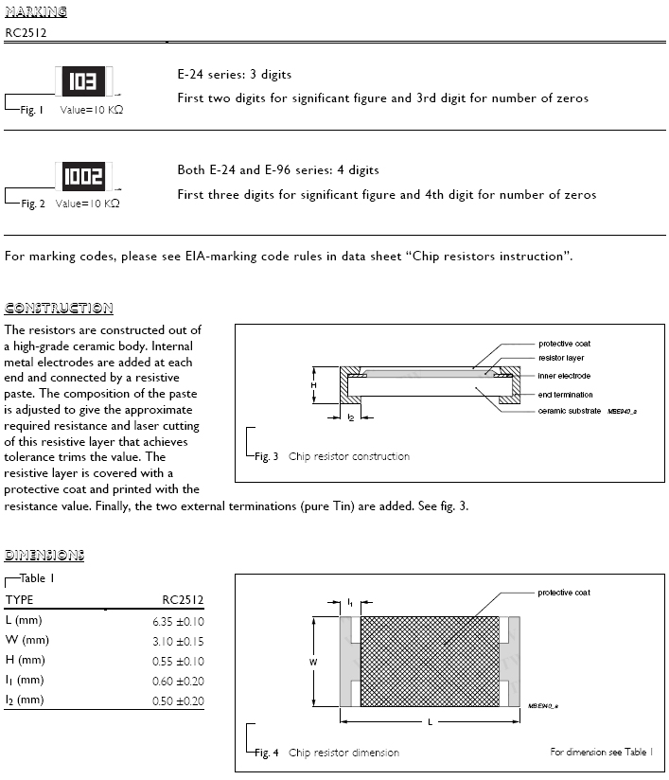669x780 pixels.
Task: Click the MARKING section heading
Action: (x=36, y=12)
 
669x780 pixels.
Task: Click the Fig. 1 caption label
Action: (x=31, y=111)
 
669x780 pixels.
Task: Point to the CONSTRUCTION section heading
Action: (x=59, y=309)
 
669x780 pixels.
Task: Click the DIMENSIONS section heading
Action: (x=44, y=555)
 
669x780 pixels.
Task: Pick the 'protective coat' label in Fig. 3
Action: (x=565, y=344)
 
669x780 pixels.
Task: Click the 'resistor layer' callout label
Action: (x=561, y=359)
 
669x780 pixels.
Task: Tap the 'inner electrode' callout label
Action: (x=564, y=376)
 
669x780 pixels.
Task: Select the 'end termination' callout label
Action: (x=566, y=394)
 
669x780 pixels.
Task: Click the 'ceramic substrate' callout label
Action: (x=570, y=411)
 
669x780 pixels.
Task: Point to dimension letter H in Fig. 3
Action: (x=313, y=385)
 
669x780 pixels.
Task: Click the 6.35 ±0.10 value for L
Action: (x=178, y=621)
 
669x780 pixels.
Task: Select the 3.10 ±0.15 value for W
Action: (x=178, y=641)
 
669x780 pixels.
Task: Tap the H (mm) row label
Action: (x=25, y=660)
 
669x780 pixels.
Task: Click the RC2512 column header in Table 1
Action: (x=183, y=600)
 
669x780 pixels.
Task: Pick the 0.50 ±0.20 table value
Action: (x=178, y=700)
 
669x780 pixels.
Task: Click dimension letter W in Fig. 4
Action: (x=313, y=663)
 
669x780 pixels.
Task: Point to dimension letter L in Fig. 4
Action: (x=430, y=723)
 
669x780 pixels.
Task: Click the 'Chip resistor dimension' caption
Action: (x=343, y=753)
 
